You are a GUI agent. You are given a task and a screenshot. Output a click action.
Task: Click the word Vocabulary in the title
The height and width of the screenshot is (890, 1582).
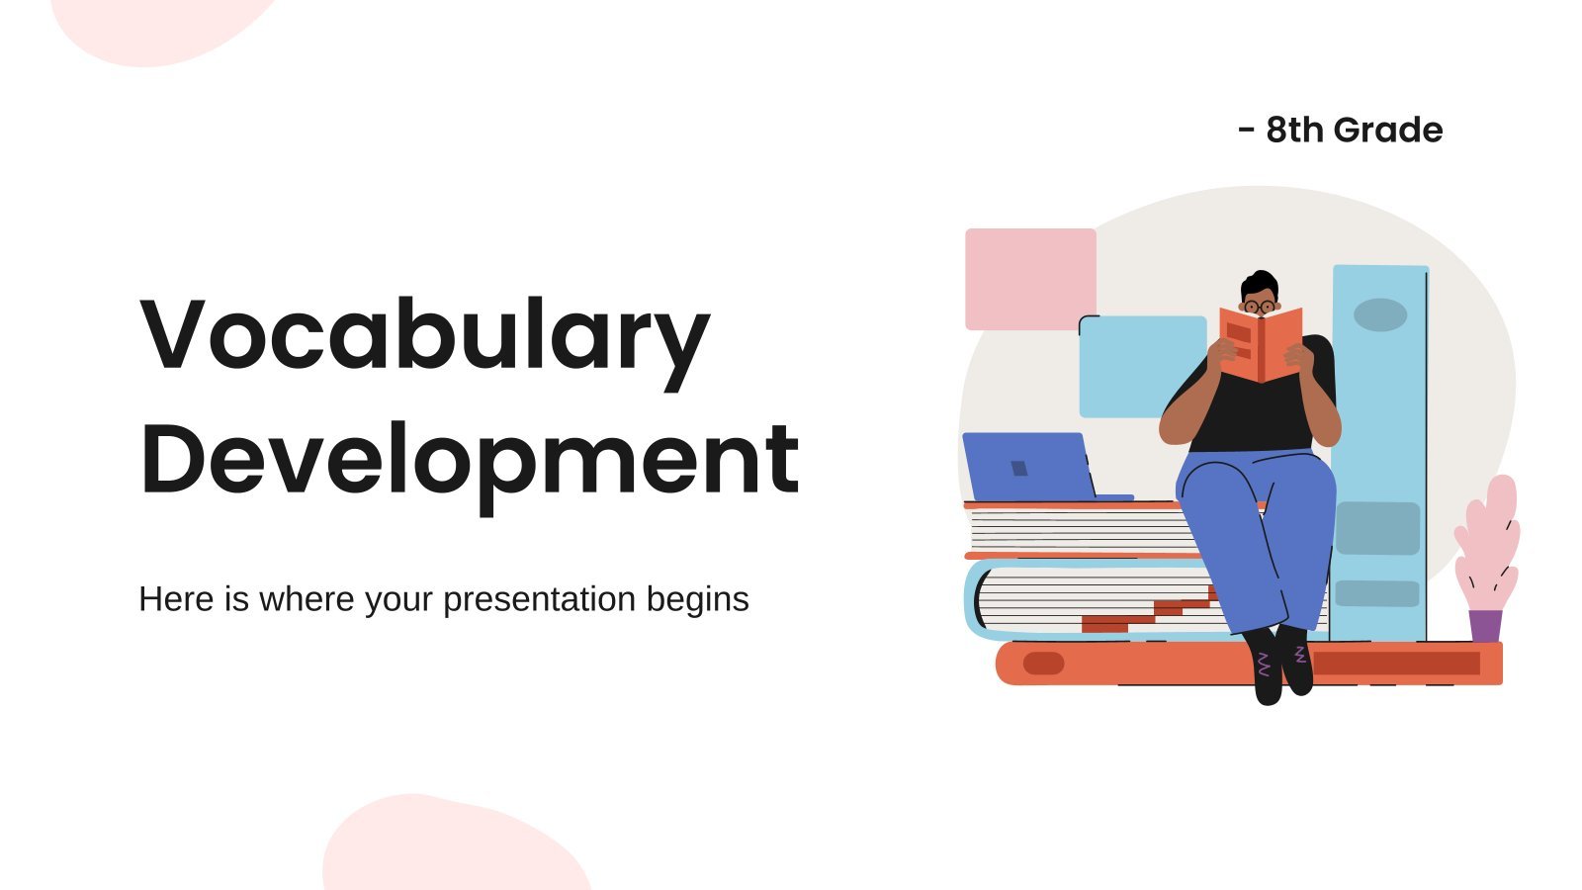425,343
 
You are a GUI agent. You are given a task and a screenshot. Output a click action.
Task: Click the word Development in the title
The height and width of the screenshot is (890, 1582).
470,466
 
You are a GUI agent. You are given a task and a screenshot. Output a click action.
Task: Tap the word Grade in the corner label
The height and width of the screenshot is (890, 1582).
1388,130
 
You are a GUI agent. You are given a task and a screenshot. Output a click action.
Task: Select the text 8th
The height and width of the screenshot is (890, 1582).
1294,130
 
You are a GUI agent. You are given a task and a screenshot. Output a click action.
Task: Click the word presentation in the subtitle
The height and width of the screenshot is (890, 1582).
540,600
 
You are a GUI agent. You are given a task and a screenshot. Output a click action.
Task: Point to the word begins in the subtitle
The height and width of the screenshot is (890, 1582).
698,600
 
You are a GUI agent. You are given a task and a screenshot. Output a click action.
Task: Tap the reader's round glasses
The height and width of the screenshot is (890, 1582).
1260,307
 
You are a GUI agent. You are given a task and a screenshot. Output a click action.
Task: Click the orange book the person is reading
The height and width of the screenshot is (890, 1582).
1262,345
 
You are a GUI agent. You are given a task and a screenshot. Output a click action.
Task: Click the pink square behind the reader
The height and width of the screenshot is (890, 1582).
1030,279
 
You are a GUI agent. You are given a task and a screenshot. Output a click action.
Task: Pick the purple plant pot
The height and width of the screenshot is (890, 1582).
1485,626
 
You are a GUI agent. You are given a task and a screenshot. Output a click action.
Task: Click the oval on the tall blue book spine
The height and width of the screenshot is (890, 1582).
1380,315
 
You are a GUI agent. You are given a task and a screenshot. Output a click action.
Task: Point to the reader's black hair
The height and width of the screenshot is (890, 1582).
1260,285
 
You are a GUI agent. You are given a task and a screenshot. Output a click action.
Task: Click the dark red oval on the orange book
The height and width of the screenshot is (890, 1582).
1043,664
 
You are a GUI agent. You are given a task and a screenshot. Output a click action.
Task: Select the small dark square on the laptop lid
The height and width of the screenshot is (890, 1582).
1019,469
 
